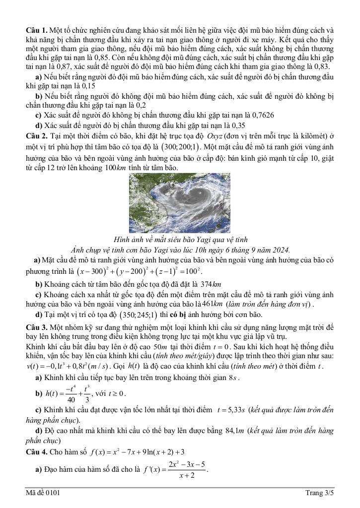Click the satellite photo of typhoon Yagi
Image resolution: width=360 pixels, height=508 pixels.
pyautogui.click(x=180, y=204)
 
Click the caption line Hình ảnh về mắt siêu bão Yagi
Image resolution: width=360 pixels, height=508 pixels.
pyautogui.click(x=180, y=240)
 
